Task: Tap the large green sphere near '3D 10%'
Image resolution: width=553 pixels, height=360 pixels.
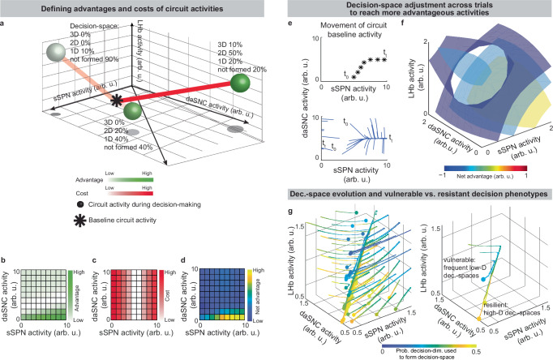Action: (x=241, y=83)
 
